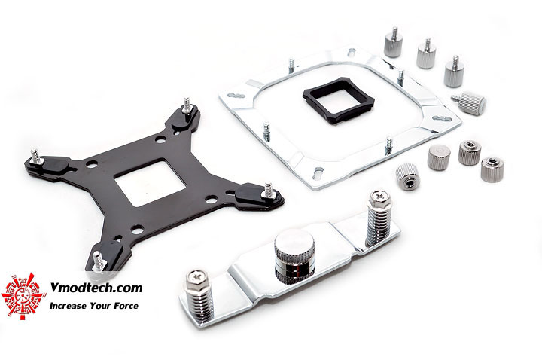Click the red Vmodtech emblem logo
[23, 296]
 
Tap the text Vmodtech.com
[96, 288]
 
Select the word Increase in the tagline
[68, 306]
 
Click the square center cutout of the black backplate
[150, 182]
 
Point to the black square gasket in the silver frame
[339, 101]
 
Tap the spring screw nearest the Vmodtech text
[199, 297]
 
